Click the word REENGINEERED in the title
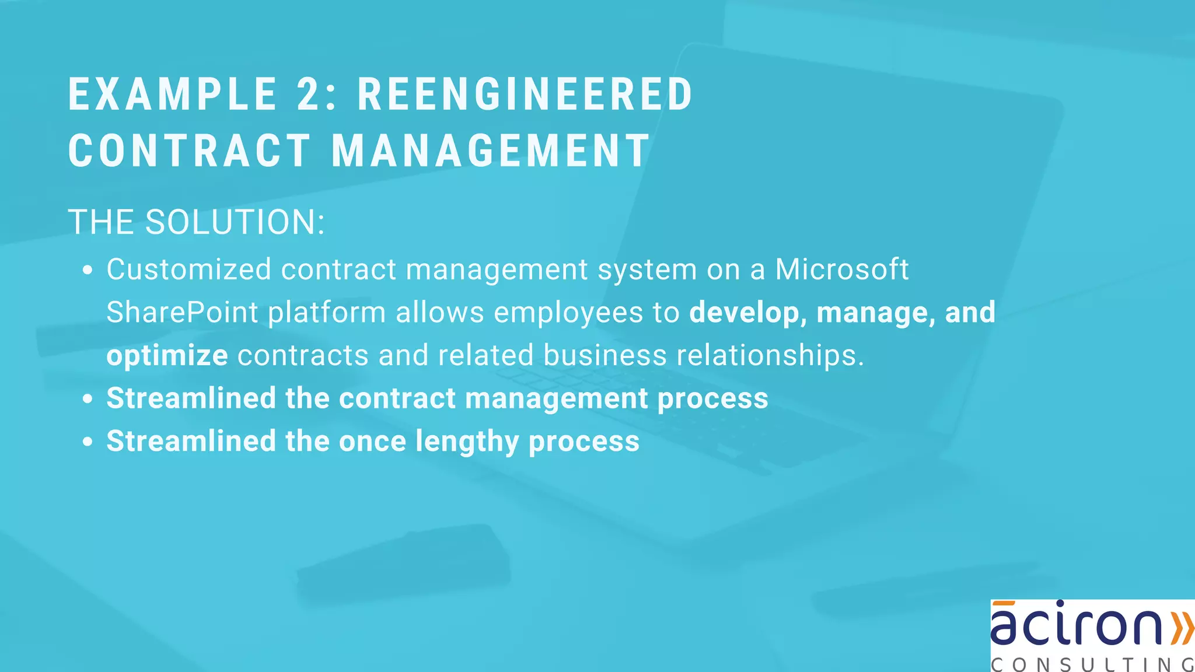tap(525, 94)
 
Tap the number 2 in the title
tap(309, 94)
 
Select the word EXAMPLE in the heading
tap(173, 94)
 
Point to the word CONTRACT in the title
tap(190, 151)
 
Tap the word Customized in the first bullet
tap(189, 269)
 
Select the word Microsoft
tap(841, 269)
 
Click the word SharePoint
tap(182, 313)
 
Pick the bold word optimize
tap(167, 356)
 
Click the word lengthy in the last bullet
tap(467, 442)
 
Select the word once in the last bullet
tap(372, 442)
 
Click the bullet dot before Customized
tap(88, 271)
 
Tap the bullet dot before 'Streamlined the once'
tap(88, 442)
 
